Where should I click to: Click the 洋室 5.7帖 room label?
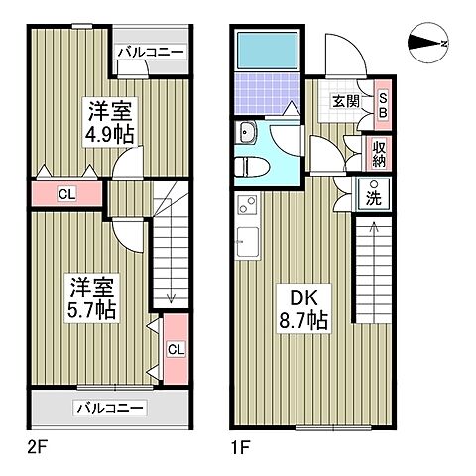[x=92, y=298]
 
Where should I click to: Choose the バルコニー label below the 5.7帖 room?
[x=110, y=408]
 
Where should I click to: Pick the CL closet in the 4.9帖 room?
[x=65, y=194]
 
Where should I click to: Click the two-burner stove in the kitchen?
[x=246, y=207]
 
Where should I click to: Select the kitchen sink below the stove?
[x=246, y=239]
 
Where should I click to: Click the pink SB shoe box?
[x=383, y=105]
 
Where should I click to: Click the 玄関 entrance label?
[x=346, y=101]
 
